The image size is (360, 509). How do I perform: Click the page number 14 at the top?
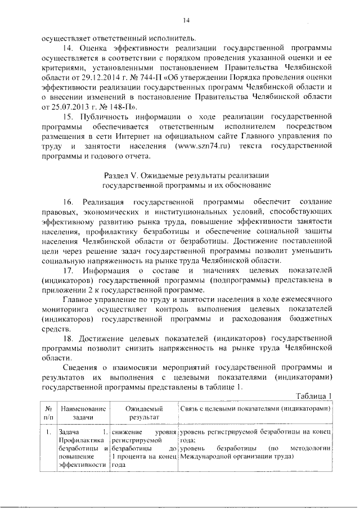click(x=187, y=21)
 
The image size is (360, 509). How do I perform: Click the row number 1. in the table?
click(x=49, y=431)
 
